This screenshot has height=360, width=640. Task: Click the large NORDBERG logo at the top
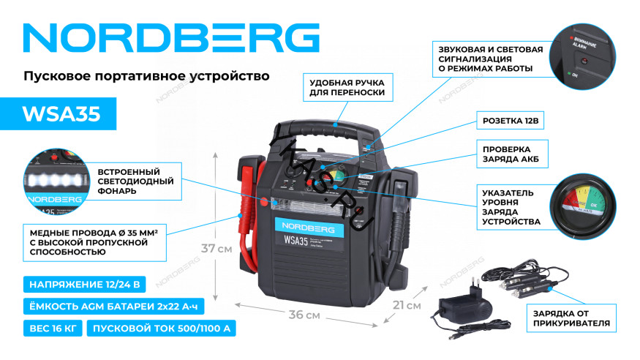(173, 37)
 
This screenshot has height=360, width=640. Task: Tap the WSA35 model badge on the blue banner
(61, 114)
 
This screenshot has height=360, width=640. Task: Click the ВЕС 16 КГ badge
(51, 328)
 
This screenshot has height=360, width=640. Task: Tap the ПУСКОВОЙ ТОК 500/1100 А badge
(162, 328)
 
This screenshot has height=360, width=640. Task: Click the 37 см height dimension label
(217, 248)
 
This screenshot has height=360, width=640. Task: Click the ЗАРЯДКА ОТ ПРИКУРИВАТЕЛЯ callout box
(571, 317)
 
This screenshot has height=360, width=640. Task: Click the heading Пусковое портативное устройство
(146, 75)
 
